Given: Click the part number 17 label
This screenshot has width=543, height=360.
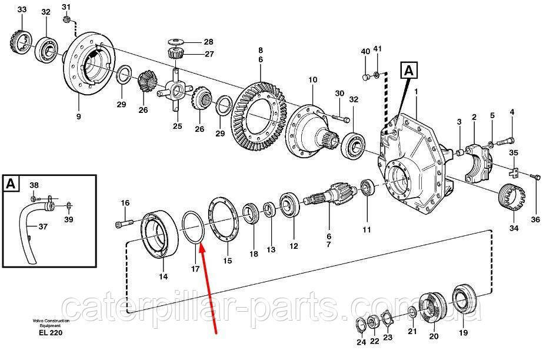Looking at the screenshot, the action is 195,269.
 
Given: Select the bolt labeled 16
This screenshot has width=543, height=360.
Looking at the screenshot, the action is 124,223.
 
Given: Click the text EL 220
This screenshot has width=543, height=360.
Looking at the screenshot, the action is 51,333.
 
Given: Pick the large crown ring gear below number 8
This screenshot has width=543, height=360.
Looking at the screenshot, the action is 259,116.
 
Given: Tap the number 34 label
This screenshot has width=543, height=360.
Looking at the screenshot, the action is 514,228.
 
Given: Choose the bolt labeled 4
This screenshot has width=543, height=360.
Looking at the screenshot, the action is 506,141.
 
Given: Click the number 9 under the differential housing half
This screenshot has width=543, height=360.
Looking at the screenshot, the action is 79,116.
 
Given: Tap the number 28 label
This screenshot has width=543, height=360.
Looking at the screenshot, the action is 208,42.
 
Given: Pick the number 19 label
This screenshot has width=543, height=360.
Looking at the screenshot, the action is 464,333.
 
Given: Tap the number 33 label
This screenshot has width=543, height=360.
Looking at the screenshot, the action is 22,9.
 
